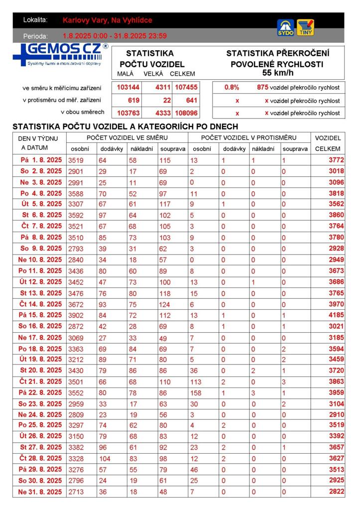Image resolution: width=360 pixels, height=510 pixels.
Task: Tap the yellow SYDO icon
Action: pyautogui.click(x=285, y=27)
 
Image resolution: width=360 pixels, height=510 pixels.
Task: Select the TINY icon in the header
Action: pyautogui.click(x=305, y=27)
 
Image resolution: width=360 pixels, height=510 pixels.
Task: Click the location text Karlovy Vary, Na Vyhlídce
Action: pyautogui.click(x=108, y=20)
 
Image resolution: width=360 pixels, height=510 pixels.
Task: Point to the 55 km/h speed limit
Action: pyautogui.click(x=277, y=73)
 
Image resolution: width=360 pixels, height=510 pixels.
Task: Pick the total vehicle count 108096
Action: pyautogui.click(x=186, y=113)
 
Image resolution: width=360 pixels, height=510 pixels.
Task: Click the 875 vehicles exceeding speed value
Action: pyautogui.click(x=262, y=88)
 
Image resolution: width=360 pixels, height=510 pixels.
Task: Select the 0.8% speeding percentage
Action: pyautogui.click(x=232, y=88)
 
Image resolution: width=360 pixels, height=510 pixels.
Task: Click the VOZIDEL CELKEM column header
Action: pyautogui.click(x=328, y=143)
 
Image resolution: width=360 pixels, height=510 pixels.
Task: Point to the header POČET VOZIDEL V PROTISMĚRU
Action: pyautogui.click(x=248, y=137)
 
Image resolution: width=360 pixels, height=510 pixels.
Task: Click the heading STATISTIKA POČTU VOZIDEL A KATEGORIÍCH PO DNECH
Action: pyautogui.click(x=125, y=127)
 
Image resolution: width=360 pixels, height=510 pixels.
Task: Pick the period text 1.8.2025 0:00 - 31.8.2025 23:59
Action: pyautogui.click(x=115, y=36)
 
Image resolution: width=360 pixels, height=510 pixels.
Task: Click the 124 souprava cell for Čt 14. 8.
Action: pyautogui.click(x=166, y=304)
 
